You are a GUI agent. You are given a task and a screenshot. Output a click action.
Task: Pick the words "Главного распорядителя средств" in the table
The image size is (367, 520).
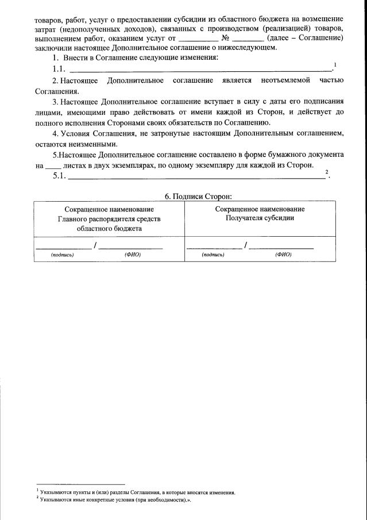109,219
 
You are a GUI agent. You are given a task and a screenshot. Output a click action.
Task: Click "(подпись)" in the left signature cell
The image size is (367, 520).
63,255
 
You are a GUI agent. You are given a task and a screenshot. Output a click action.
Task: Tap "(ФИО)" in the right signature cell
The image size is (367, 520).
283,255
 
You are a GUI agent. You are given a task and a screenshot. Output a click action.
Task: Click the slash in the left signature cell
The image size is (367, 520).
95,246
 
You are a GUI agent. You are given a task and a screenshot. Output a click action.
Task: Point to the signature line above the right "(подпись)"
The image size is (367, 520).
214,248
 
